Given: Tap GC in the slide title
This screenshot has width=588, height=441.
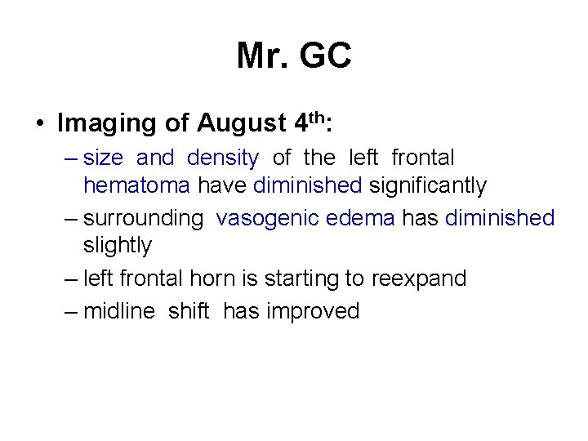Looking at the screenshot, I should click(x=325, y=56).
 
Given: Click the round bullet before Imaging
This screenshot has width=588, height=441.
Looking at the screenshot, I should click(x=39, y=124).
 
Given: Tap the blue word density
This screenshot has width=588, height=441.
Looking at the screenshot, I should click(x=222, y=157).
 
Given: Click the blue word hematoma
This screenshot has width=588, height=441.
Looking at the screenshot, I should click(x=136, y=186).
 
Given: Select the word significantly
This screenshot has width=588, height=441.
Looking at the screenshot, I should click(x=427, y=186).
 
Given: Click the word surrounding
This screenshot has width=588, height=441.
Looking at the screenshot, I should click(x=143, y=218).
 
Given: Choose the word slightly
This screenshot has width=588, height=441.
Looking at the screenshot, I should click(x=118, y=245).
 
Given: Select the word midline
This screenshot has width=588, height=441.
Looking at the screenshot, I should click(x=119, y=311).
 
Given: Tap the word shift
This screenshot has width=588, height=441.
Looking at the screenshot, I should click(x=189, y=311).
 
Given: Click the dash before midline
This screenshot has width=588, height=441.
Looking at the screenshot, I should click(x=71, y=311).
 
